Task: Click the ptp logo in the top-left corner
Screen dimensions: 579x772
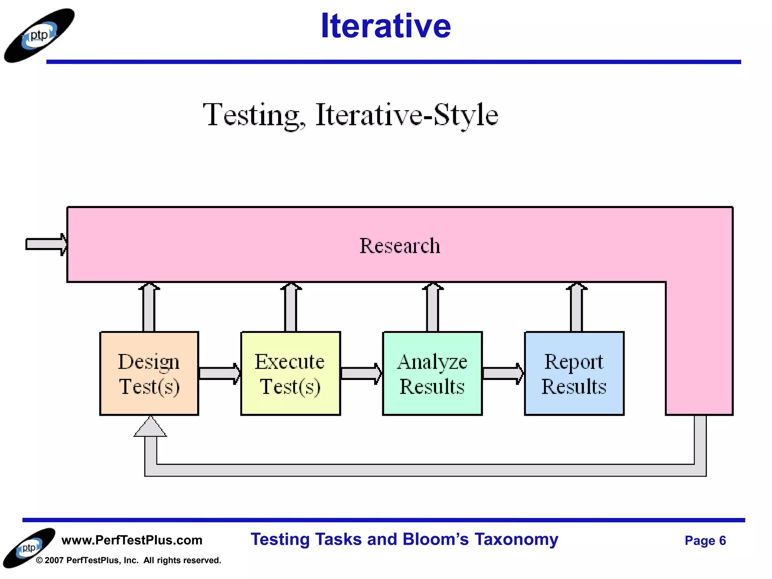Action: point(39,35)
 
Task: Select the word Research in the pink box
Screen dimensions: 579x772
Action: point(400,246)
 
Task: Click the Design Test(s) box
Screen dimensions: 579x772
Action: point(149,373)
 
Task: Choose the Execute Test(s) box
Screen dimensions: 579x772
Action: point(290,373)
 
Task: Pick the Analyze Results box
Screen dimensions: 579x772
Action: point(432,373)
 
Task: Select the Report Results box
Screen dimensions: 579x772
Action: point(574,373)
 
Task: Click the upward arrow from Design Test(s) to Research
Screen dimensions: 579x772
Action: point(149,307)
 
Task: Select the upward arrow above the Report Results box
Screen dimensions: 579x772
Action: point(576,307)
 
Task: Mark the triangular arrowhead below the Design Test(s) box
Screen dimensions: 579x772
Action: point(150,428)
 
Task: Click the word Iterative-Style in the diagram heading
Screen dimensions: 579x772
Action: point(407,115)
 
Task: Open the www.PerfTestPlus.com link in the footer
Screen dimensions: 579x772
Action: point(132,540)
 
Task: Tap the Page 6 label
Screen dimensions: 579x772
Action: point(705,541)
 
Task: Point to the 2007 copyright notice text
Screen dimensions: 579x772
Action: point(128,560)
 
